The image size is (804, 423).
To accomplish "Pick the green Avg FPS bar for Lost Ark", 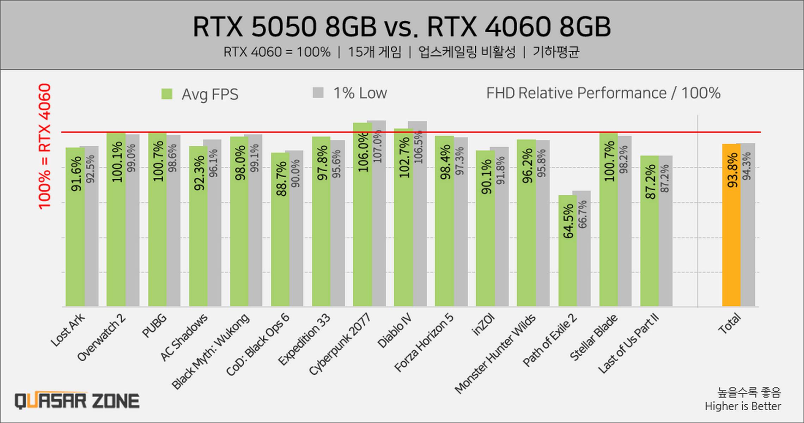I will [75, 247].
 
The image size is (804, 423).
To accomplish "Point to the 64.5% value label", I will [568, 222].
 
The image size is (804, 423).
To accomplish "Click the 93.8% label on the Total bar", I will [732, 170].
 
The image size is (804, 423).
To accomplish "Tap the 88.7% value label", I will [281, 179].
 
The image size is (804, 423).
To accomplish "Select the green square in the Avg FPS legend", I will [167, 94].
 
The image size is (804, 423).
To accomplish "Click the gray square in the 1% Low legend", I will [318, 93].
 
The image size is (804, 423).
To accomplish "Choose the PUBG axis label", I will [154, 326].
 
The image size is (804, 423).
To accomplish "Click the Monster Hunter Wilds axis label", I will [495, 353].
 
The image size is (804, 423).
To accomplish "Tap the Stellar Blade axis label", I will [593, 337].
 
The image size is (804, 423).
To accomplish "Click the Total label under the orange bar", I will [730, 324].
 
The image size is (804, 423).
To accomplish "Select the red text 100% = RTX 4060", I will [45, 146].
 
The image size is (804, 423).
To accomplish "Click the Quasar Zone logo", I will [77, 401].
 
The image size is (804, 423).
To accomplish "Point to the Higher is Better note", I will [743, 406].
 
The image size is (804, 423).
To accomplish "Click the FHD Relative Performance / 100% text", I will [603, 93].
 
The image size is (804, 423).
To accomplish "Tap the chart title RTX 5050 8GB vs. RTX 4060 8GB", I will [402, 27].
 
